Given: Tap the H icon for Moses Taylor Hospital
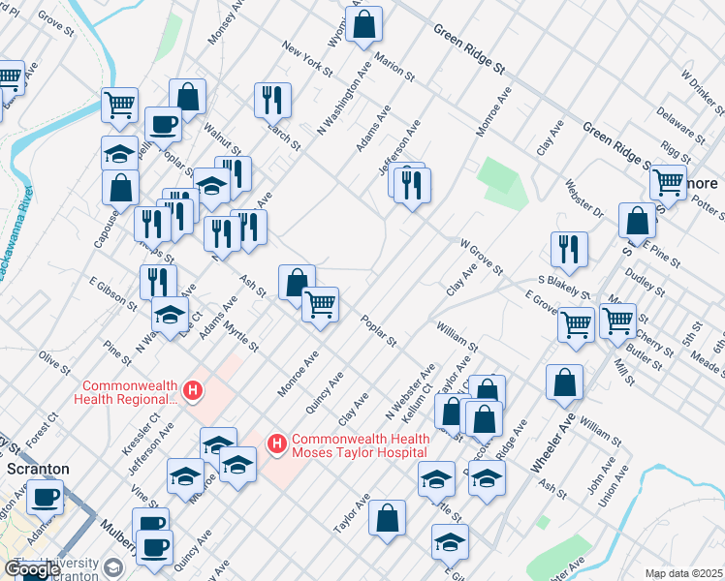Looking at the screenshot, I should (277, 443).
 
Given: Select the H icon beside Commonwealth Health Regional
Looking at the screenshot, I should (193, 391).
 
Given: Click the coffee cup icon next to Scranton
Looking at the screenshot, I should (44, 498).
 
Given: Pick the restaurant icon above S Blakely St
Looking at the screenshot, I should (569, 248).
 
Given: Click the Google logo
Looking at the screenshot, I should (32, 569).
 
